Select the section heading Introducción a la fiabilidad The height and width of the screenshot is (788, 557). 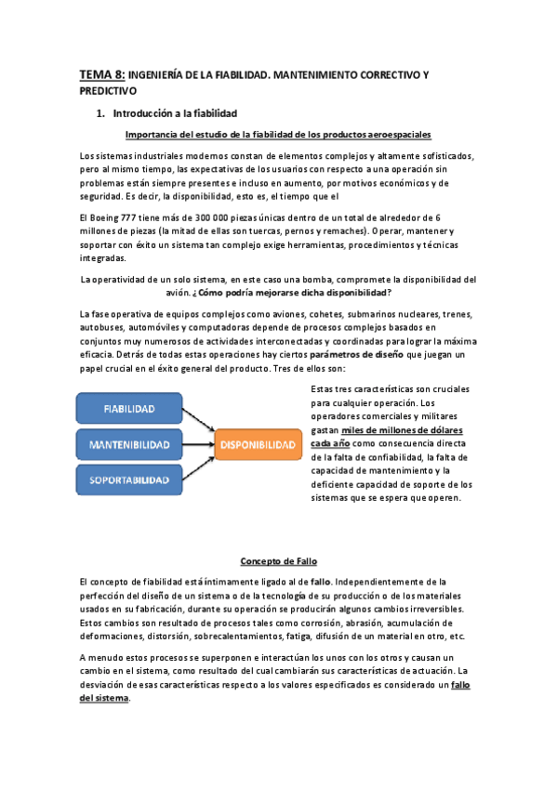176,113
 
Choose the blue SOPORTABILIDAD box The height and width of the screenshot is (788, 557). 129,480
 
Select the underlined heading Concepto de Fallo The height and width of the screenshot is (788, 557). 277,561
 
